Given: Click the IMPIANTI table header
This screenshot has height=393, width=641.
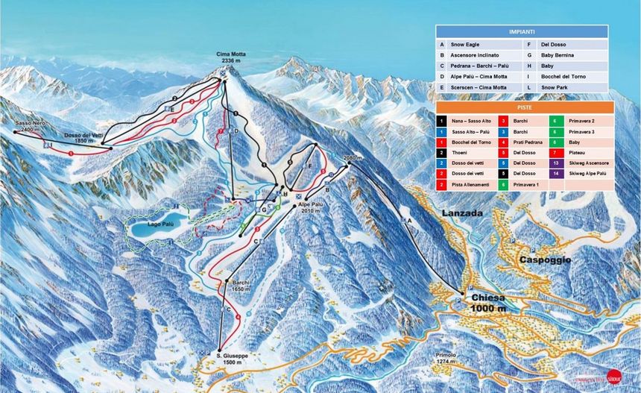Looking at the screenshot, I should click(x=522, y=32).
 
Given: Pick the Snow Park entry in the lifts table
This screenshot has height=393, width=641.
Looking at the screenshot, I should click(x=555, y=87).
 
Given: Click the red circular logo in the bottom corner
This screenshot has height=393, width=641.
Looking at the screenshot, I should click(x=613, y=377).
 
